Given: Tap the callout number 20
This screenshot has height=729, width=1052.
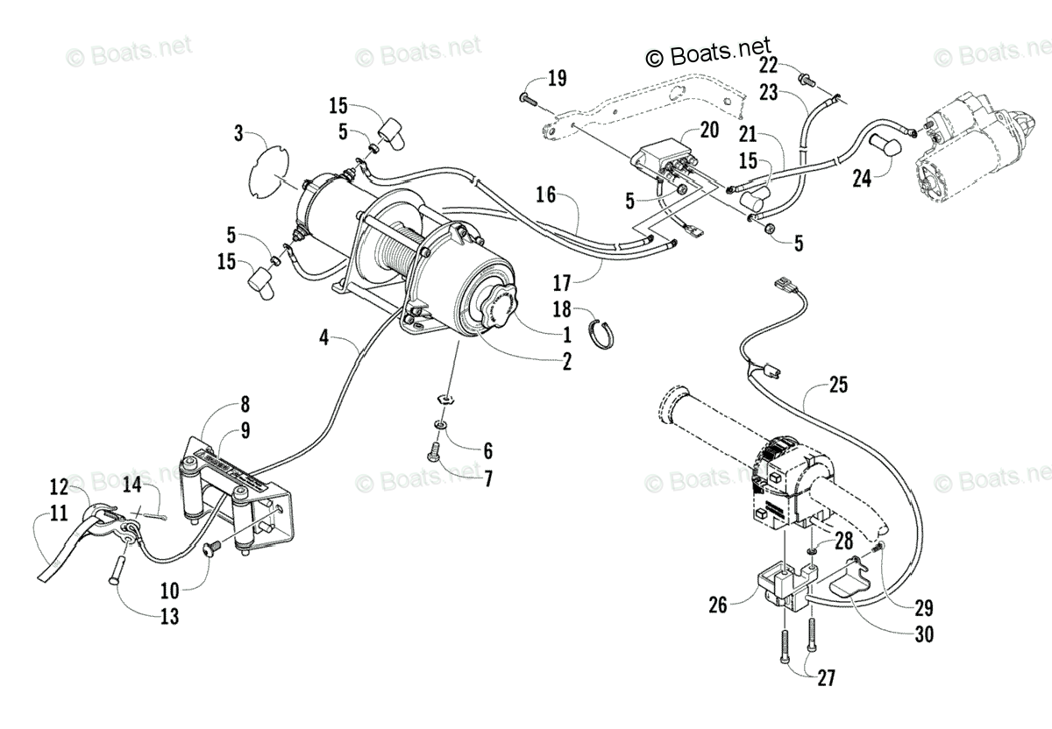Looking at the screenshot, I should [708, 131].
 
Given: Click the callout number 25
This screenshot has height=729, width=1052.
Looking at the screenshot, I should [839, 384].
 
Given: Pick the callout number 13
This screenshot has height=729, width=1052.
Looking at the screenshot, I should [169, 617].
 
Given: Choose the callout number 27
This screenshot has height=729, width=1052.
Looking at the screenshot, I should [826, 677].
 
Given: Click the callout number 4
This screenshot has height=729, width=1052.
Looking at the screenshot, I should [324, 336].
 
